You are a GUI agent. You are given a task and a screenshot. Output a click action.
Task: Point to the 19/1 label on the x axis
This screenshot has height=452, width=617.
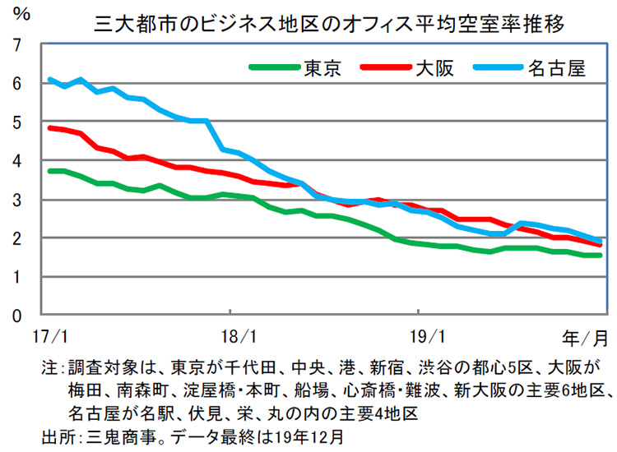[421, 337]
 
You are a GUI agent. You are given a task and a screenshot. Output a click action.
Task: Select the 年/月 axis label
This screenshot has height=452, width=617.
[585, 337]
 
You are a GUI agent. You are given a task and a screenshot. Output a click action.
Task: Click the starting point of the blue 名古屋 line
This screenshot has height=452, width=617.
[49, 80]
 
